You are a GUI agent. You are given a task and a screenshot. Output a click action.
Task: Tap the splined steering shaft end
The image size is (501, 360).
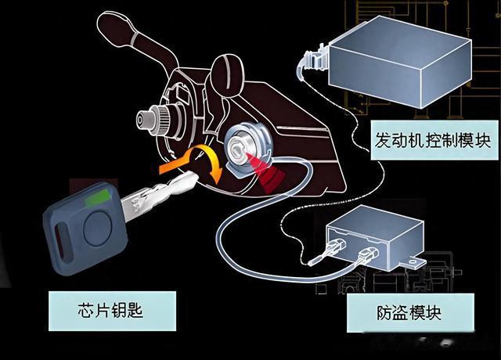point(146,121)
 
